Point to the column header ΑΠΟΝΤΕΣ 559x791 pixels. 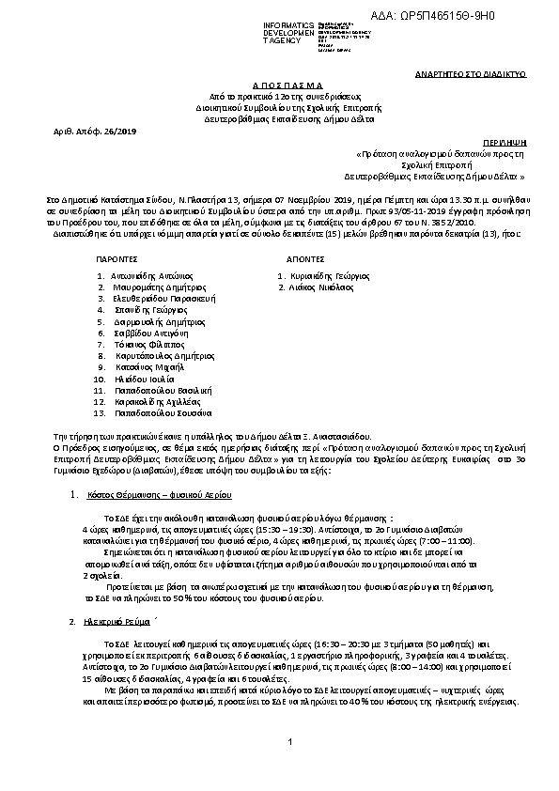pyautogui.click(x=294, y=256)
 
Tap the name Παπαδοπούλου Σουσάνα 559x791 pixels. pyautogui.click(x=163, y=413)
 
